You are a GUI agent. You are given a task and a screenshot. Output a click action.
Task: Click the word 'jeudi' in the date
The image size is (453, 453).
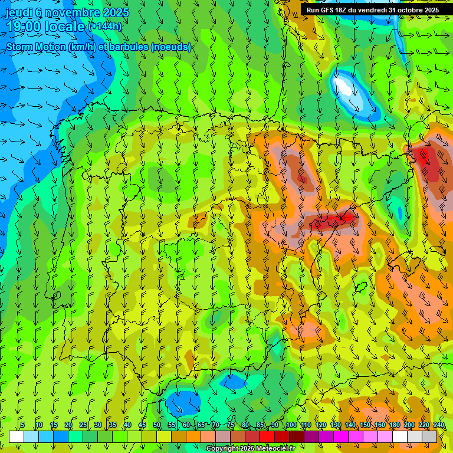point(18,12)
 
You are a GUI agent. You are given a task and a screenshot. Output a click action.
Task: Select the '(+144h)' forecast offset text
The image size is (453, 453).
point(104,27)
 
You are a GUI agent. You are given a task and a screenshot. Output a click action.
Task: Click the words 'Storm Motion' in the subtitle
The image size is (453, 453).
point(37,47)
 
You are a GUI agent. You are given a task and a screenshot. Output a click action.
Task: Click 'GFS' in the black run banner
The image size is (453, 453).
point(330,10)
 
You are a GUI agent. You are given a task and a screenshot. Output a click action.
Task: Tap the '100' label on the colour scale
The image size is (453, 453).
point(291,425)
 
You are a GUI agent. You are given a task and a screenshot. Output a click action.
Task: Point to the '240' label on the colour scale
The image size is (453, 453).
point(439,425)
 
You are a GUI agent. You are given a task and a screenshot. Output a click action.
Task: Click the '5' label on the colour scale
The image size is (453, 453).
point(22,425)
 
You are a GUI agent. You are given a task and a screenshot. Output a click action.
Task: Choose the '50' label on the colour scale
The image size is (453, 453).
point(157,425)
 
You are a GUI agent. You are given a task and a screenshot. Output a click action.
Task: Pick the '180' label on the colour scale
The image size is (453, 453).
point(394,425)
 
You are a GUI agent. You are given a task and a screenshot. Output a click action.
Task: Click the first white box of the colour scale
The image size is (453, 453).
point(17,436)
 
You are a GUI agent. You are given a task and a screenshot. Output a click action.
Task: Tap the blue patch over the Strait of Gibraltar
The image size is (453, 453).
point(182,403)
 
